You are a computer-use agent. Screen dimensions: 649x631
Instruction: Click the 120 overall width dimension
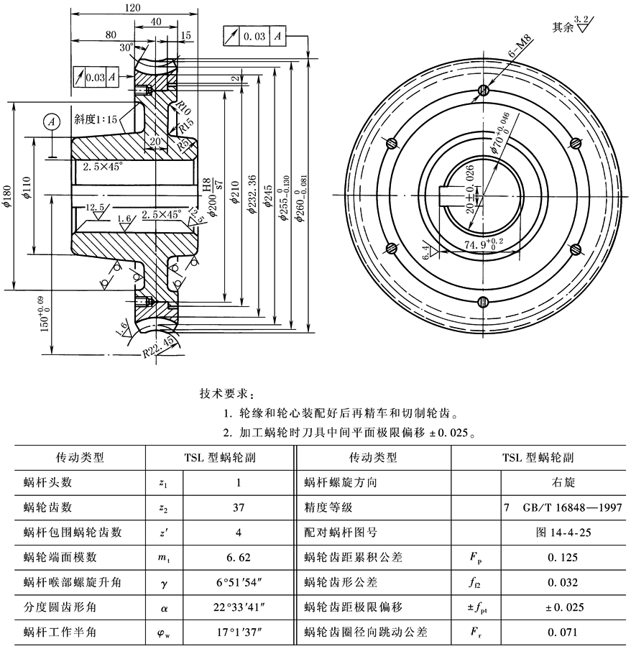(x=132, y=7)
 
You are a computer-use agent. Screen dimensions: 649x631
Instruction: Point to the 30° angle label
(x=127, y=47)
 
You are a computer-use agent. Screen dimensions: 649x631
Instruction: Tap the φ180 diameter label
(x=8, y=194)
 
